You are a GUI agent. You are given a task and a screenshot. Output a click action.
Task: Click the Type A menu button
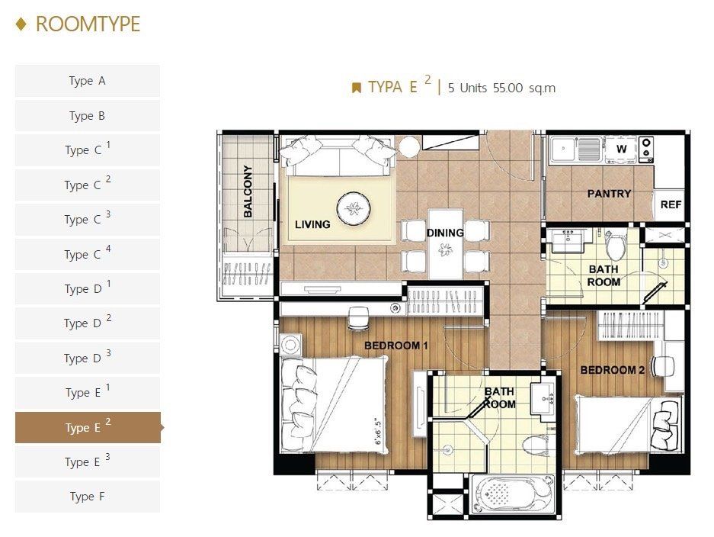tap(88, 81)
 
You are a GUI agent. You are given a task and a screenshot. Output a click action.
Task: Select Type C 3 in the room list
tap(88, 219)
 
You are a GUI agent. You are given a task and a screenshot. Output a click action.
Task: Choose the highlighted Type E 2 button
tap(88, 428)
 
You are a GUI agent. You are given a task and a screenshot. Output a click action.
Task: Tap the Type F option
tap(88, 497)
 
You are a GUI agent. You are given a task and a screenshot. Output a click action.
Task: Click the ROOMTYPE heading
tap(88, 24)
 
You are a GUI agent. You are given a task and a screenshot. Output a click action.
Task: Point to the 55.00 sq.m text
tap(524, 88)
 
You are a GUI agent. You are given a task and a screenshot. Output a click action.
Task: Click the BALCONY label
tap(248, 191)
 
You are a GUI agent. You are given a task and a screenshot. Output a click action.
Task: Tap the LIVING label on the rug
tap(312, 224)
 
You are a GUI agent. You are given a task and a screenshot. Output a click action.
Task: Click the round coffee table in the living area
tap(354, 209)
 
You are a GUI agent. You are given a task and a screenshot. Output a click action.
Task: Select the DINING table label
tap(445, 233)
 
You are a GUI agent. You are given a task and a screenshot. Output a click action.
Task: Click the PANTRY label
tap(609, 194)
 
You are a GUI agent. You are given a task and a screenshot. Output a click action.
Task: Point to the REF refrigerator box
tap(670, 204)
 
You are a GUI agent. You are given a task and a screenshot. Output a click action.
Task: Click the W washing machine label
tap(621, 149)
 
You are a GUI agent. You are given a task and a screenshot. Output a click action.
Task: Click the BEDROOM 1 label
tap(396, 346)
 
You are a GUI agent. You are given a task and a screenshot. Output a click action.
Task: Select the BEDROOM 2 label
tap(613, 370)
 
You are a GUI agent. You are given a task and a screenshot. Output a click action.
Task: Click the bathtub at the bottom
tap(513, 494)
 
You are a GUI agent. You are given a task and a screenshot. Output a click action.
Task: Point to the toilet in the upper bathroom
tap(616, 245)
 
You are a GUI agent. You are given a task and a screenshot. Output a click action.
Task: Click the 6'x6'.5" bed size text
tap(377, 431)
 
